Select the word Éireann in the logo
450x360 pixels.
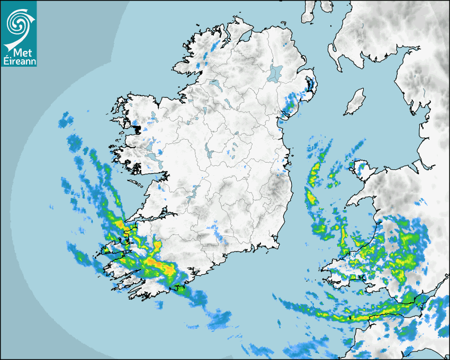click(x=19, y=61)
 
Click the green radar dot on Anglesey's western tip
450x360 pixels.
click(x=350, y=165)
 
